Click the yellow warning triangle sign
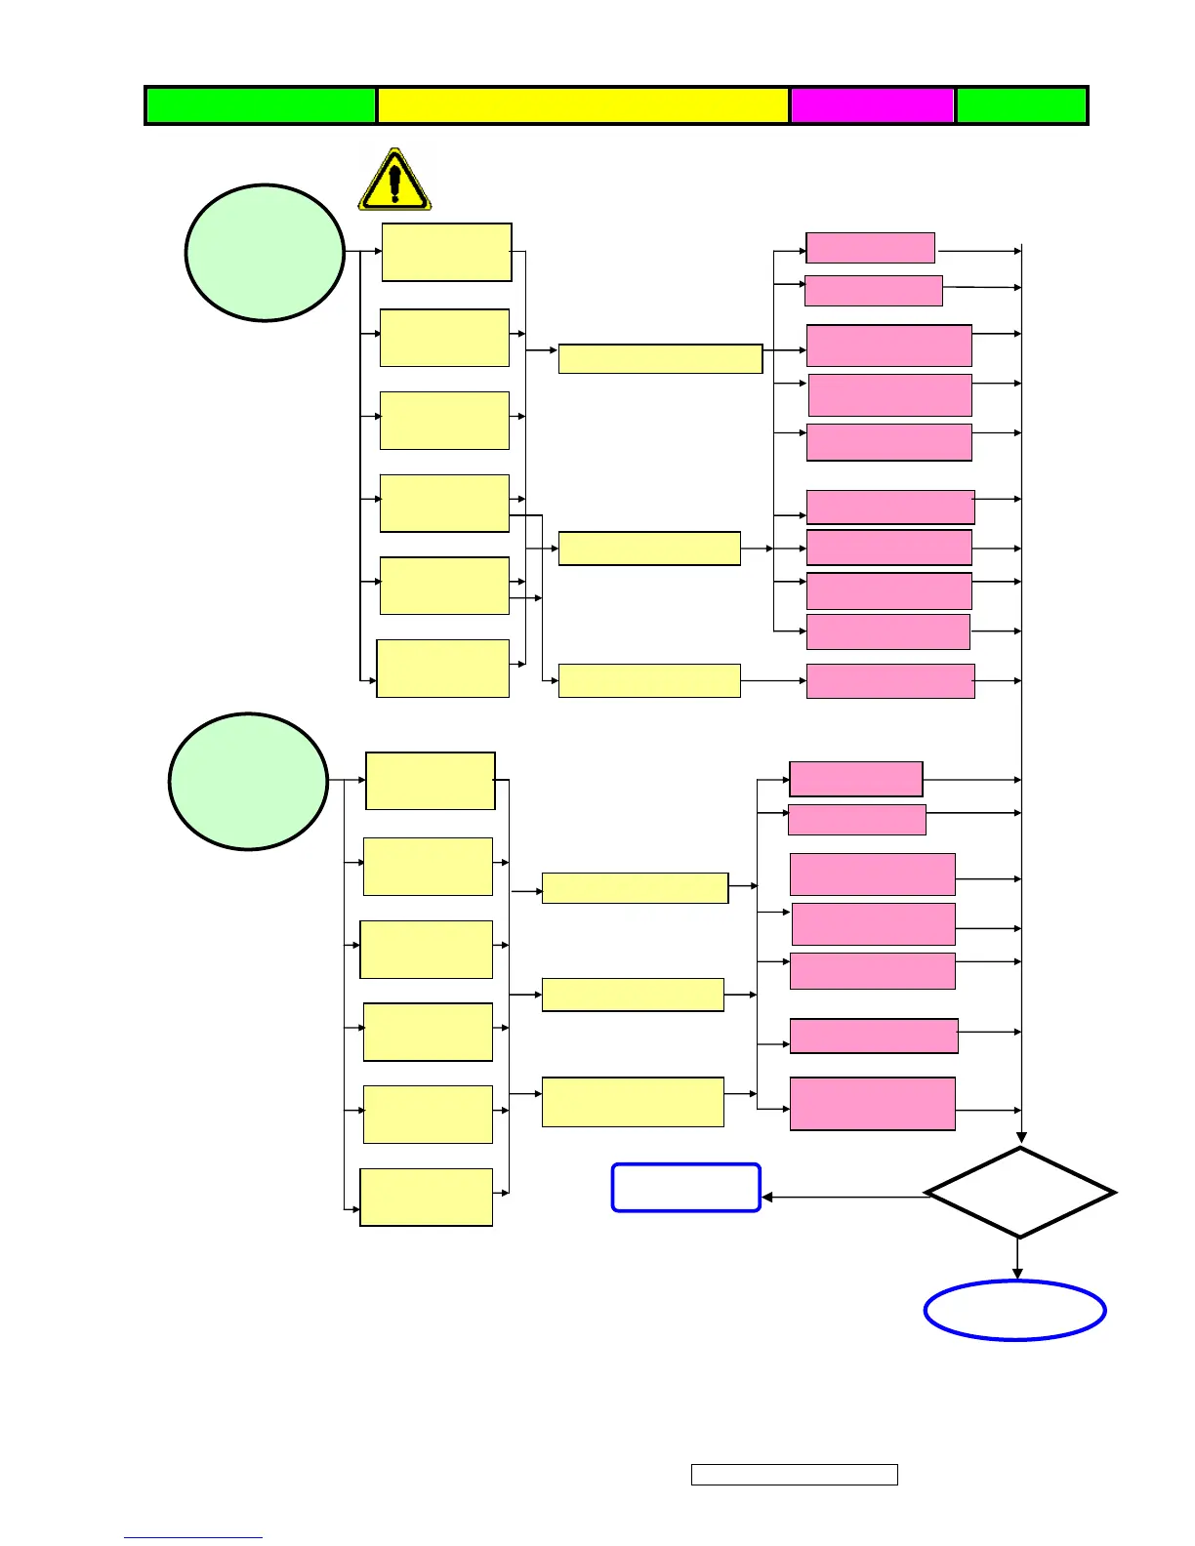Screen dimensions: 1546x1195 pyautogui.click(x=394, y=182)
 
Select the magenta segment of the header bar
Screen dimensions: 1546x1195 pyautogui.click(x=872, y=105)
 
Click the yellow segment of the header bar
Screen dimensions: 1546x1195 pyautogui.click(x=583, y=105)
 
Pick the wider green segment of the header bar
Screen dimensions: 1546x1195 pyautogui.click(x=261, y=105)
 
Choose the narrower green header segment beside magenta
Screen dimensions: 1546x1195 pyautogui.click(x=1021, y=105)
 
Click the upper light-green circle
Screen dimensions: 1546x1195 pyautogui.click(x=265, y=253)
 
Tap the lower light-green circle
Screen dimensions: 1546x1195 pyautogui.click(x=248, y=782)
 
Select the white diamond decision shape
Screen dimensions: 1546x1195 pyautogui.click(x=1020, y=1193)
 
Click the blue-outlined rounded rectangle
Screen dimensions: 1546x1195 pyautogui.click(x=685, y=1188)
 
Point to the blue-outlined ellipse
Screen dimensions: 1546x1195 pyautogui.click(x=1014, y=1311)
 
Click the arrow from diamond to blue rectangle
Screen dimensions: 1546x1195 pyautogui.click(x=845, y=1197)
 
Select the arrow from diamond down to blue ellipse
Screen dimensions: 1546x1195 pyautogui.click(x=1018, y=1259)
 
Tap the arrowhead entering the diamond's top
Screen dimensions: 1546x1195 pyautogui.click(x=1021, y=1138)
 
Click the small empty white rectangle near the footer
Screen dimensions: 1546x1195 pyautogui.click(x=794, y=1475)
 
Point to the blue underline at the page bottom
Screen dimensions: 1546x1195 pyautogui.click(x=193, y=1537)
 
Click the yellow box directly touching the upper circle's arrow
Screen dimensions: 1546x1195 pyautogui.click(x=446, y=253)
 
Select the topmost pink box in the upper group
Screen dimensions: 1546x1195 pyautogui.click(x=870, y=248)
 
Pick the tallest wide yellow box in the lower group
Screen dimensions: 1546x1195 pyautogui.click(x=633, y=1102)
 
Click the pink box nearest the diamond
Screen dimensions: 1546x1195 pyautogui.click(x=872, y=1104)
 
